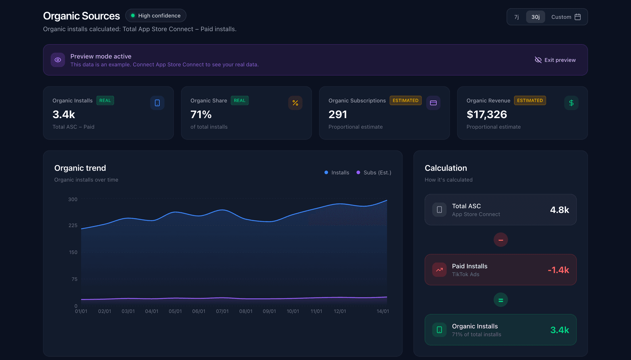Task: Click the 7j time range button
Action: click(516, 17)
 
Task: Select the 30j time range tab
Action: click(535, 17)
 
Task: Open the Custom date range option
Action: click(566, 17)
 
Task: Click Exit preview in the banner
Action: click(555, 60)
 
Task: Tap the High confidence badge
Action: click(156, 16)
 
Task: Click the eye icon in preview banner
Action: click(58, 60)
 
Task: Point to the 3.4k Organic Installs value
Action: click(64, 114)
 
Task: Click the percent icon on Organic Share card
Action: click(295, 103)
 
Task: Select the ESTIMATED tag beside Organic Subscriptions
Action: click(405, 101)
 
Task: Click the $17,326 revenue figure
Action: click(487, 114)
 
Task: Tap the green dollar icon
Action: click(571, 103)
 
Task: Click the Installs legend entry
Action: click(337, 173)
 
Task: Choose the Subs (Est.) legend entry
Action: click(374, 173)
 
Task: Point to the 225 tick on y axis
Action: click(73, 226)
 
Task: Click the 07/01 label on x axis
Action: click(222, 311)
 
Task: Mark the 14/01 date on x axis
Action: click(383, 311)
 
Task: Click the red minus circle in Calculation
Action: click(501, 240)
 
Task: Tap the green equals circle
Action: click(501, 300)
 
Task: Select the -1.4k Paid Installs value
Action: click(558, 270)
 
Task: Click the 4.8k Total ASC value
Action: click(559, 210)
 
